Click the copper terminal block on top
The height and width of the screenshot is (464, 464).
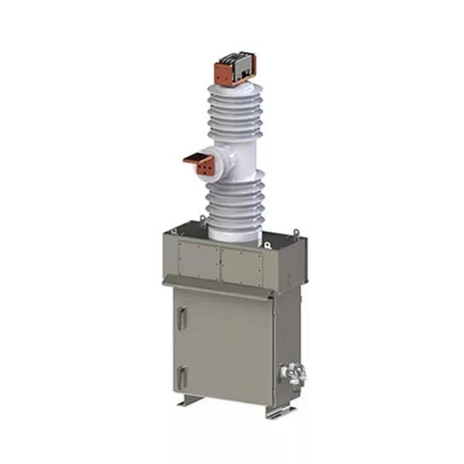[232, 72]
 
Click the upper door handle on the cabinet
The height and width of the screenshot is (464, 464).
[181, 316]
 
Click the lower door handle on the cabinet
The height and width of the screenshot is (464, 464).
[181, 377]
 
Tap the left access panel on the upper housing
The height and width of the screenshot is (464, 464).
[200, 261]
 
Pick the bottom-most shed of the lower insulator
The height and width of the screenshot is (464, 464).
[234, 220]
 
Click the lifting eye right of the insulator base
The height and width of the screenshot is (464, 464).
[268, 244]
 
